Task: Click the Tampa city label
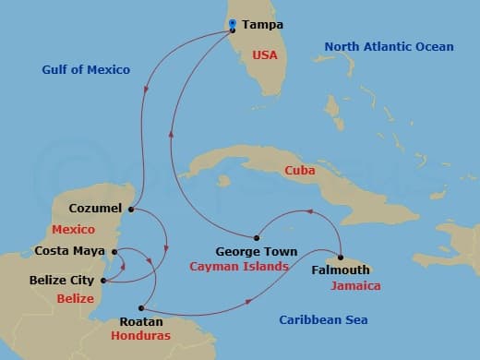coord(263,25)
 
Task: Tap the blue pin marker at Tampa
coord(233,25)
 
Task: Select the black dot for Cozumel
coord(131,209)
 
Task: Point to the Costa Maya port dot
coord(114,250)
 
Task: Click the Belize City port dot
coord(102,280)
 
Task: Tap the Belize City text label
coord(66,280)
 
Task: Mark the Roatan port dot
coord(140,308)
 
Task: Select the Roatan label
coord(141,322)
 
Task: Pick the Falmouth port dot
coord(341,258)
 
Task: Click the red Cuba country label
coord(297,171)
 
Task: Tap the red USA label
coord(266,55)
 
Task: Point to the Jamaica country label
coord(355,286)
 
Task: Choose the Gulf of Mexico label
coord(86,69)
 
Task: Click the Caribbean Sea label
coord(323,319)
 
